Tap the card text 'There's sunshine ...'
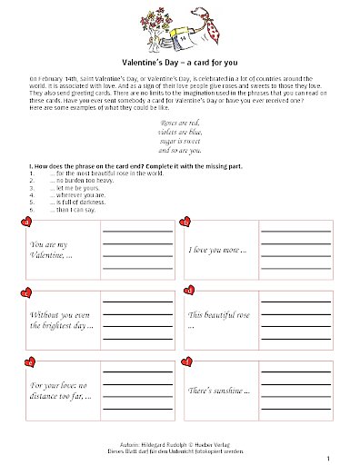(217, 390)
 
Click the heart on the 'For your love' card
(27, 361)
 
